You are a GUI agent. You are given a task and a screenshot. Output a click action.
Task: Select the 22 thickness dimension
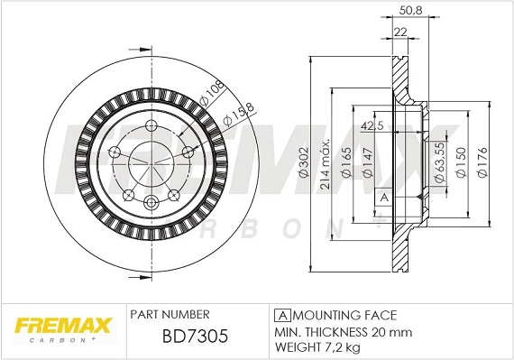point(401,32)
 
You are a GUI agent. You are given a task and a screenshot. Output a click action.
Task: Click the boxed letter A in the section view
point(383,197)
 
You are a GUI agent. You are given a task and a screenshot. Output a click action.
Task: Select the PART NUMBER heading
point(170,315)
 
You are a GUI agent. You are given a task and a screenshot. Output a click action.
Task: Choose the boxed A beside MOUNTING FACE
point(281,315)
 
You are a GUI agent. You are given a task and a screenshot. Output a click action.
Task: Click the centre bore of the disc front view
point(151,164)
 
